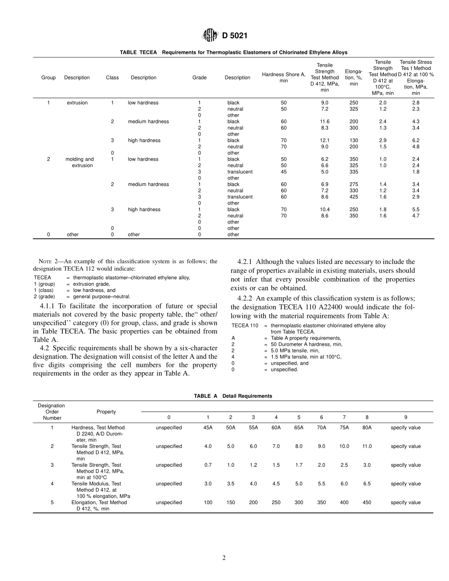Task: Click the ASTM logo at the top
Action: [x=209, y=35]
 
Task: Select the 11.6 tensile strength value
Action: [x=324, y=121]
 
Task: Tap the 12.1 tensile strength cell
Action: [x=324, y=140]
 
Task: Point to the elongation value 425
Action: [x=354, y=197]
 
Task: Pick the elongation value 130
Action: [x=354, y=140]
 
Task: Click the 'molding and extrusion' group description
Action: [x=79, y=162]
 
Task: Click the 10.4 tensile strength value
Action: [x=324, y=209]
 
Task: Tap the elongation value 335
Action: [x=354, y=172]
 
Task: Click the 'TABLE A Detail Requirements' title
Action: [x=233, y=396]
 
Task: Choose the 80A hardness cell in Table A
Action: [x=367, y=427]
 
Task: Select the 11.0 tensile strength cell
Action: [x=367, y=446]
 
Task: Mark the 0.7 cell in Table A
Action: [x=208, y=465]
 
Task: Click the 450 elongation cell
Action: [x=367, y=503]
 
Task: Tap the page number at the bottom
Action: [x=224, y=558]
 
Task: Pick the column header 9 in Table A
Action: [x=406, y=417]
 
